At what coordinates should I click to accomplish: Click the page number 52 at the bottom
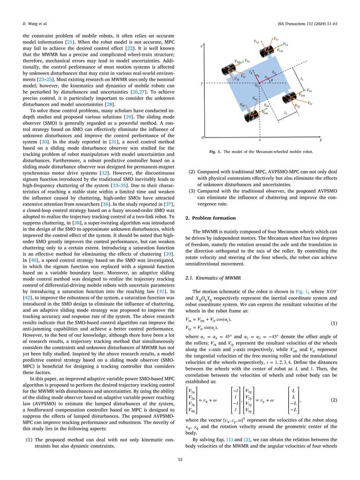pyautogui.click(x=180, y=463)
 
